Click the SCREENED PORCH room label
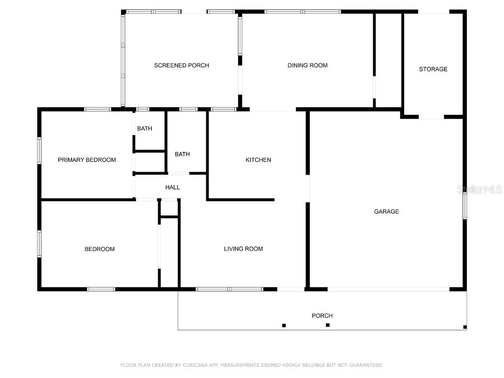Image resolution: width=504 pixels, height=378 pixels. (181, 65)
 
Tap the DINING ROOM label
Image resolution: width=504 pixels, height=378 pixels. (307, 65)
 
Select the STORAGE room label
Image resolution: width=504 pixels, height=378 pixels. (433, 69)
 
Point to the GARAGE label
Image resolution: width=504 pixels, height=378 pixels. (386, 212)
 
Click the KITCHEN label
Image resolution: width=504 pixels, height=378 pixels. (258, 160)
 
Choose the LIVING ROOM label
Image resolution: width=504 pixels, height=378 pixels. (243, 249)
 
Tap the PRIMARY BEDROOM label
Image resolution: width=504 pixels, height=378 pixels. (87, 160)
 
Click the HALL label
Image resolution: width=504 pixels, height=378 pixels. (172, 188)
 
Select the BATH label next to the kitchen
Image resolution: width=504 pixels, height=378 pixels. (182, 154)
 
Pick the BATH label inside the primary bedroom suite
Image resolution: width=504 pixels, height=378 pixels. (144, 129)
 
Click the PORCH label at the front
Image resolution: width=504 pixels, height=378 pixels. (322, 316)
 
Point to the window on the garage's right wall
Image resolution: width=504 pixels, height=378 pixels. (465, 205)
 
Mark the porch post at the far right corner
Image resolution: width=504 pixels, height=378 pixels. (465, 327)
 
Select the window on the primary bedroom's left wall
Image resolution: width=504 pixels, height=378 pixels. (39, 150)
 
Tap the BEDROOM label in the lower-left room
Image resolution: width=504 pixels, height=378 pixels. (99, 249)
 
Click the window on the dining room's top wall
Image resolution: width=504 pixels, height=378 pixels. (302, 11)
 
